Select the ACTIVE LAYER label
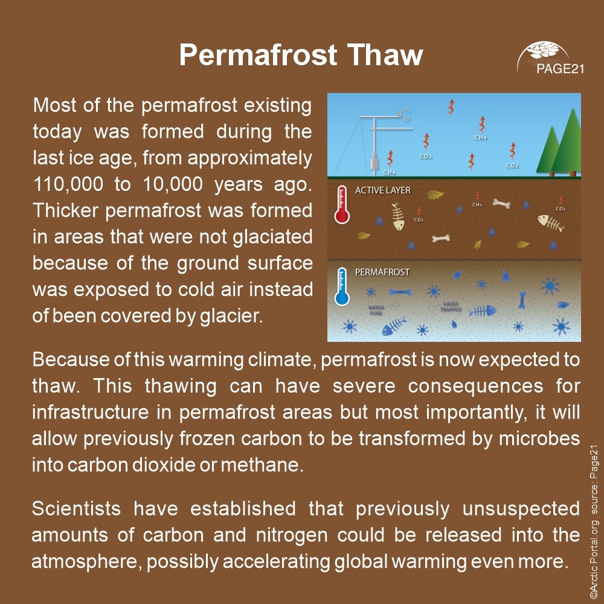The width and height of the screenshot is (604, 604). coord(382,190)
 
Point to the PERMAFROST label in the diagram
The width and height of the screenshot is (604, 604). coord(382,272)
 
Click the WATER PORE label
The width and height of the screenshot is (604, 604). coord(376,310)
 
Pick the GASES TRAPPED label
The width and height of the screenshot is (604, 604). coord(452,307)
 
